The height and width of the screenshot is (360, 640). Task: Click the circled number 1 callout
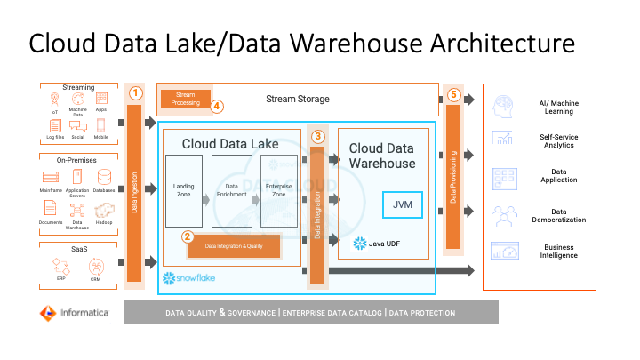click(x=136, y=92)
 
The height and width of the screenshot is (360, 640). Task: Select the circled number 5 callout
click(x=452, y=95)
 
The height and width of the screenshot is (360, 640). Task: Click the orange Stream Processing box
click(x=186, y=99)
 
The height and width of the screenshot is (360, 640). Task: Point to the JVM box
click(x=403, y=204)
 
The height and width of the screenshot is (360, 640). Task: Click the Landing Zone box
click(x=184, y=190)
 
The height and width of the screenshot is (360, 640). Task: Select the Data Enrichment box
click(x=231, y=190)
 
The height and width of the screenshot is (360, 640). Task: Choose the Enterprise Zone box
click(x=278, y=190)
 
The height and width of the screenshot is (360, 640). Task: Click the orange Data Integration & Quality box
click(x=234, y=245)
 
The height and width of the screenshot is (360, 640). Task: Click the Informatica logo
click(x=74, y=313)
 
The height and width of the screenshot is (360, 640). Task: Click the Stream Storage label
click(x=298, y=99)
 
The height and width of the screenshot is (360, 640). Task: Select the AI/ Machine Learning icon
click(x=503, y=106)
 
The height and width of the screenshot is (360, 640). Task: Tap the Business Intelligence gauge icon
click(x=503, y=251)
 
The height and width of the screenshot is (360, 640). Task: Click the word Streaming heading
click(x=78, y=87)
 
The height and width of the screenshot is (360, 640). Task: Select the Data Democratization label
click(x=560, y=215)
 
